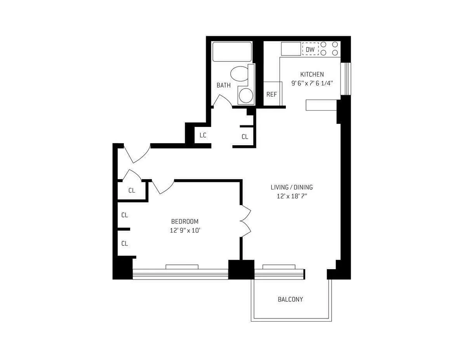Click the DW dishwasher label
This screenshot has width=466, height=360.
click(310, 49)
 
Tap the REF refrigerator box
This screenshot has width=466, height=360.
click(271, 94)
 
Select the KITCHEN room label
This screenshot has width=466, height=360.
click(312, 74)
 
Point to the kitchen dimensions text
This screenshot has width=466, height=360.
click(312, 83)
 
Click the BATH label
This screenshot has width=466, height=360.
click(223, 85)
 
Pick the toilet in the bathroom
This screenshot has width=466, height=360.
click(239, 74)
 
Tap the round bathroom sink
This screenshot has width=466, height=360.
click(245, 95)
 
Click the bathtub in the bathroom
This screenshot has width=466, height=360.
click(232, 52)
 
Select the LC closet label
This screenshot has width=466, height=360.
click(203, 136)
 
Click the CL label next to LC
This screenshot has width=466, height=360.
click(245, 137)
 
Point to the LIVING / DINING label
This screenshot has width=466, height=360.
click(292, 187)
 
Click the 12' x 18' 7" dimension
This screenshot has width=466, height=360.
click(292, 196)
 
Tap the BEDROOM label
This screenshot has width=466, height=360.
click(185, 221)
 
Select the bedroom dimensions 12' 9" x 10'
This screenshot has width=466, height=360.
click(185, 230)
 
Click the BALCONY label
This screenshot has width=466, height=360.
click(290, 299)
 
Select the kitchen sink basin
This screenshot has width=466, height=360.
click(291, 49)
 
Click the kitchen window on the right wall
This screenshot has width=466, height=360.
click(344, 78)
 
